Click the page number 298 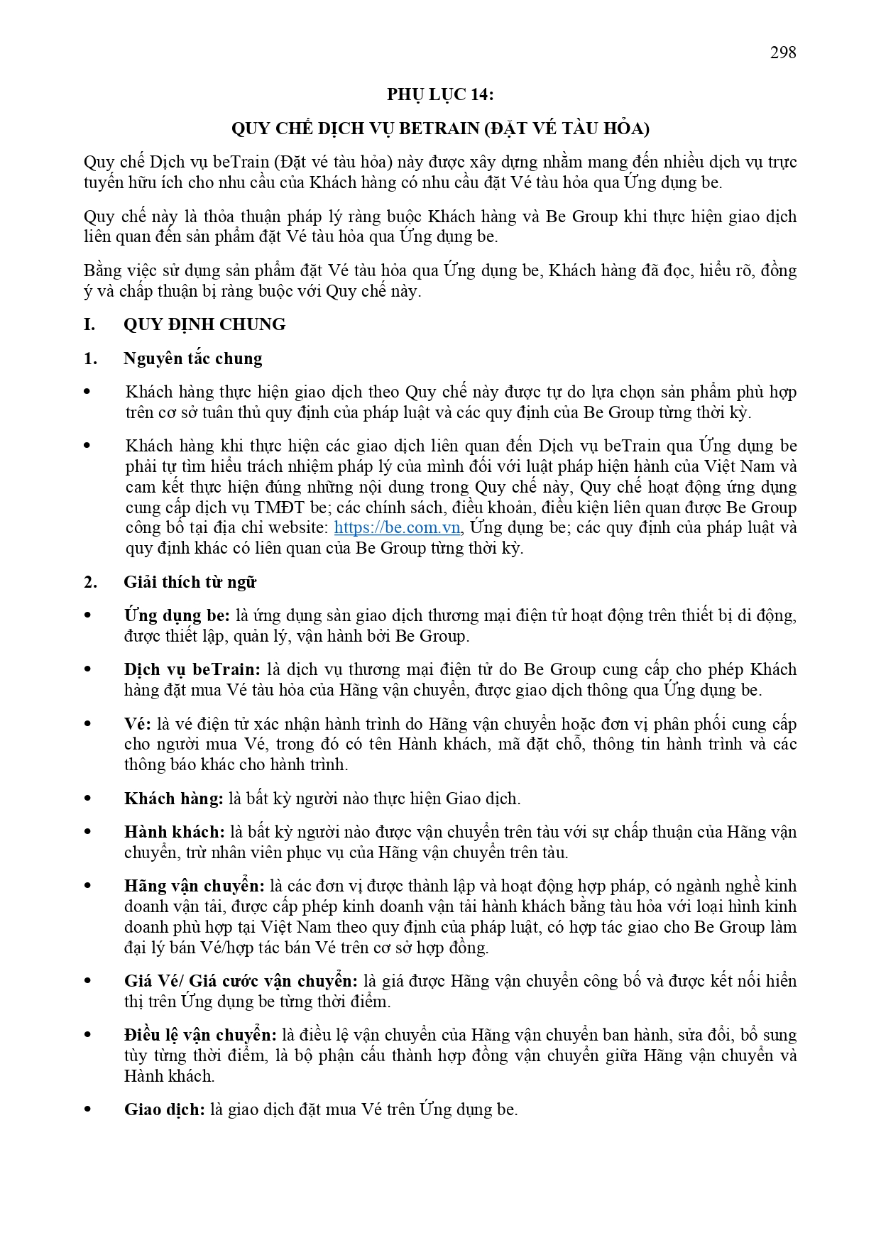click(783, 53)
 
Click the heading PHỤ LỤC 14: click(440, 94)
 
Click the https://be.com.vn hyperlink click(397, 527)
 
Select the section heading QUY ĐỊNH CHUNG click(204, 324)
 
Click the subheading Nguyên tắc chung click(192, 358)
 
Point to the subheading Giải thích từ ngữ click(190, 582)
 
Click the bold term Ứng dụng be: click(177, 615)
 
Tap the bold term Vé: click(138, 724)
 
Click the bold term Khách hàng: click(174, 799)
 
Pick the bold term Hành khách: click(175, 832)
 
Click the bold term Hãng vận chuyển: click(194, 886)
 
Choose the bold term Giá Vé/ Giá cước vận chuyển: click(241, 981)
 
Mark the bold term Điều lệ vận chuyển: click(200, 1035)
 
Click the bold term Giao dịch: click(165, 1109)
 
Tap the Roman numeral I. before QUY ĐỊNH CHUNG click(89, 324)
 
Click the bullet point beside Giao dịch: click(88, 1109)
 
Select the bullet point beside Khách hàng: click(88, 799)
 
